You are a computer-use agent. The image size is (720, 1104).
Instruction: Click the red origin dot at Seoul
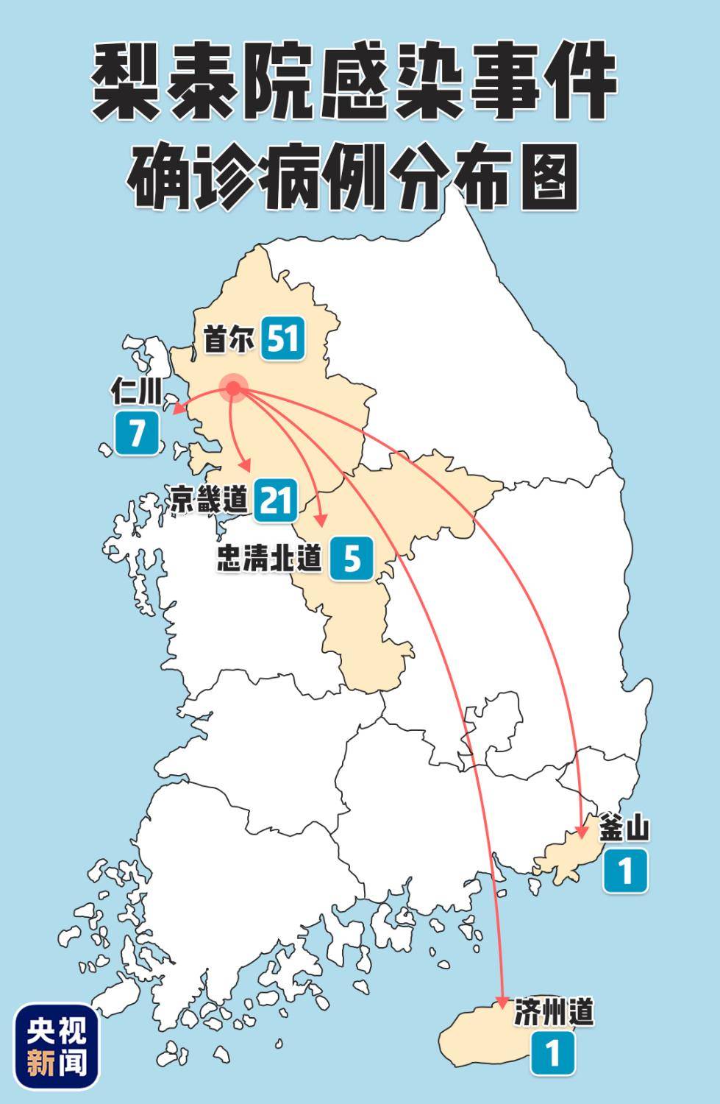click(234, 388)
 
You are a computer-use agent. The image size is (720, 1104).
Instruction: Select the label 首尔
click(229, 340)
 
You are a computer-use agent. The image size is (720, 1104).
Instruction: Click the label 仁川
click(136, 393)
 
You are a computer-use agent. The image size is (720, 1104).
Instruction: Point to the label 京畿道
click(208, 500)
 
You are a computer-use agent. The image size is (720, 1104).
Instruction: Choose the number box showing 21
click(277, 500)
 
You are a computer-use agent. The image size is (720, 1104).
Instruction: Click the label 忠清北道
click(270, 559)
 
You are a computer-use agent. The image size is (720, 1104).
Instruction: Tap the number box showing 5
click(352, 559)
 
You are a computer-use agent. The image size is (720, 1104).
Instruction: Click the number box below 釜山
click(625, 871)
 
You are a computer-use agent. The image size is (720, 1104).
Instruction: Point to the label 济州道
click(552, 1013)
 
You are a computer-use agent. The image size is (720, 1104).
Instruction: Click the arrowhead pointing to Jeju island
click(502, 1001)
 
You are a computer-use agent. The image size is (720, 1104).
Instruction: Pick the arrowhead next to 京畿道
click(248, 466)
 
